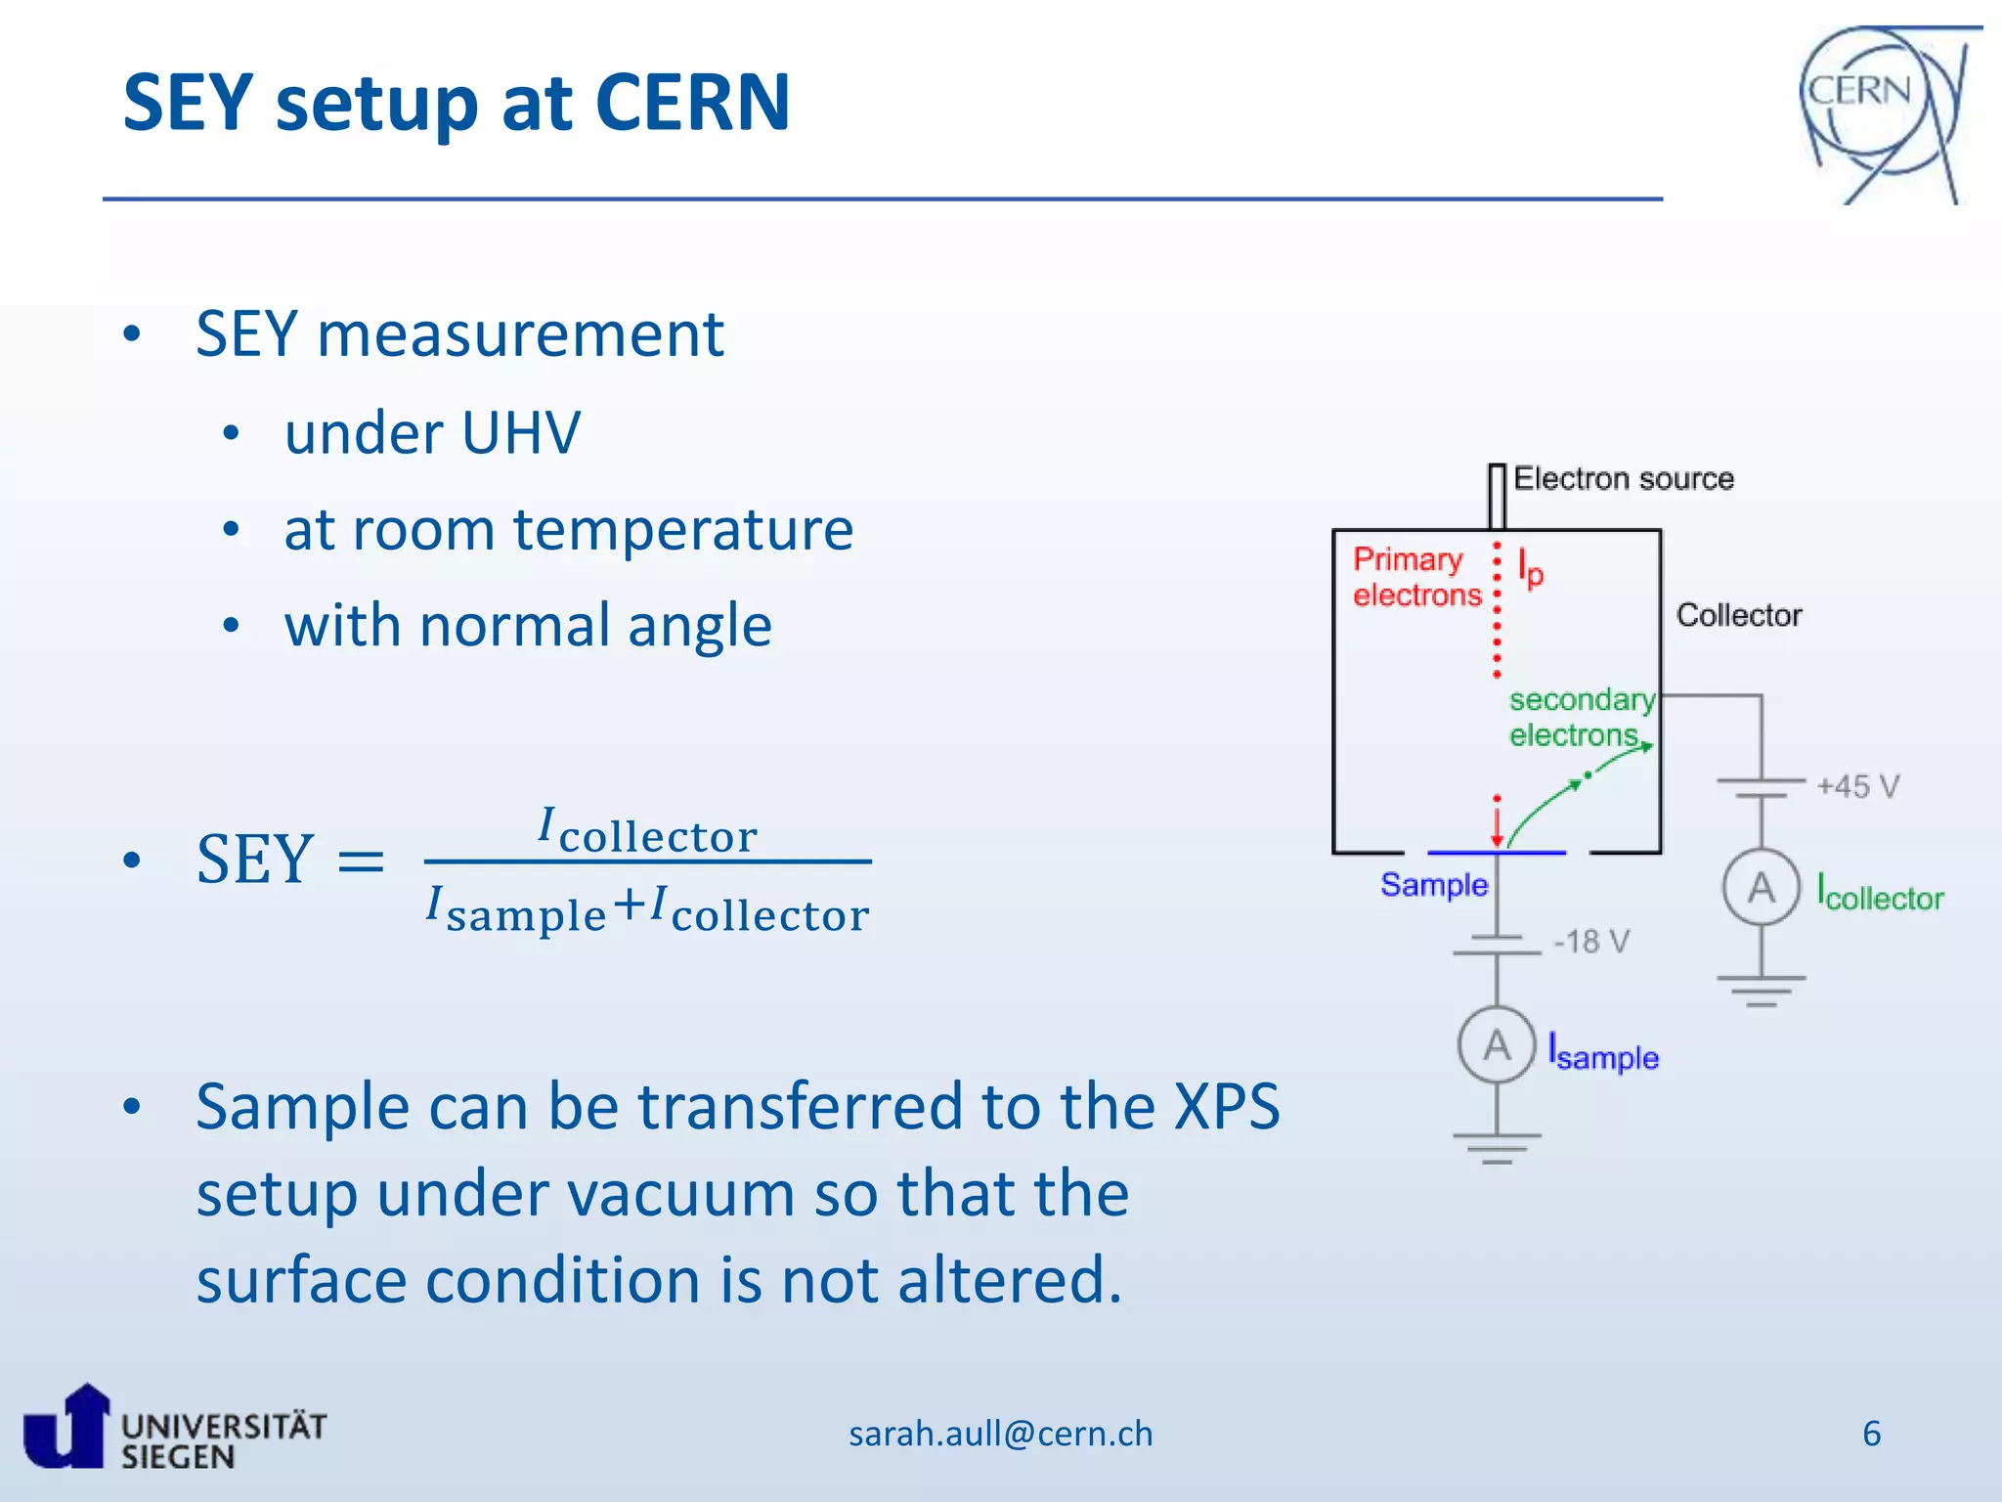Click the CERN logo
click(x=1882, y=112)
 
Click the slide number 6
click(x=1871, y=1434)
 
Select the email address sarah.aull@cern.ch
click(x=1000, y=1434)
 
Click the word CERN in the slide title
click(x=691, y=103)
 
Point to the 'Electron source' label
click(x=1623, y=479)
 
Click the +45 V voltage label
click(x=1857, y=786)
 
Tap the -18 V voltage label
click(x=1591, y=942)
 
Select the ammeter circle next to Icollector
click(x=1761, y=888)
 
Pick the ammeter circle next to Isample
click(x=1497, y=1045)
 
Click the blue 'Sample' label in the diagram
click(x=1433, y=885)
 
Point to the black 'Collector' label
click(x=1738, y=615)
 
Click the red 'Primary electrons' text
click(x=1415, y=577)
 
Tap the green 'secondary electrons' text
click(x=1580, y=717)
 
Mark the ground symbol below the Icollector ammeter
click(x=1761, y=990)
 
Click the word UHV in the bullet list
click(x=520, y=432)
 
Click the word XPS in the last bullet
click(x=1226, y=1107)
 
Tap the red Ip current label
click(x=1530, y=567)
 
